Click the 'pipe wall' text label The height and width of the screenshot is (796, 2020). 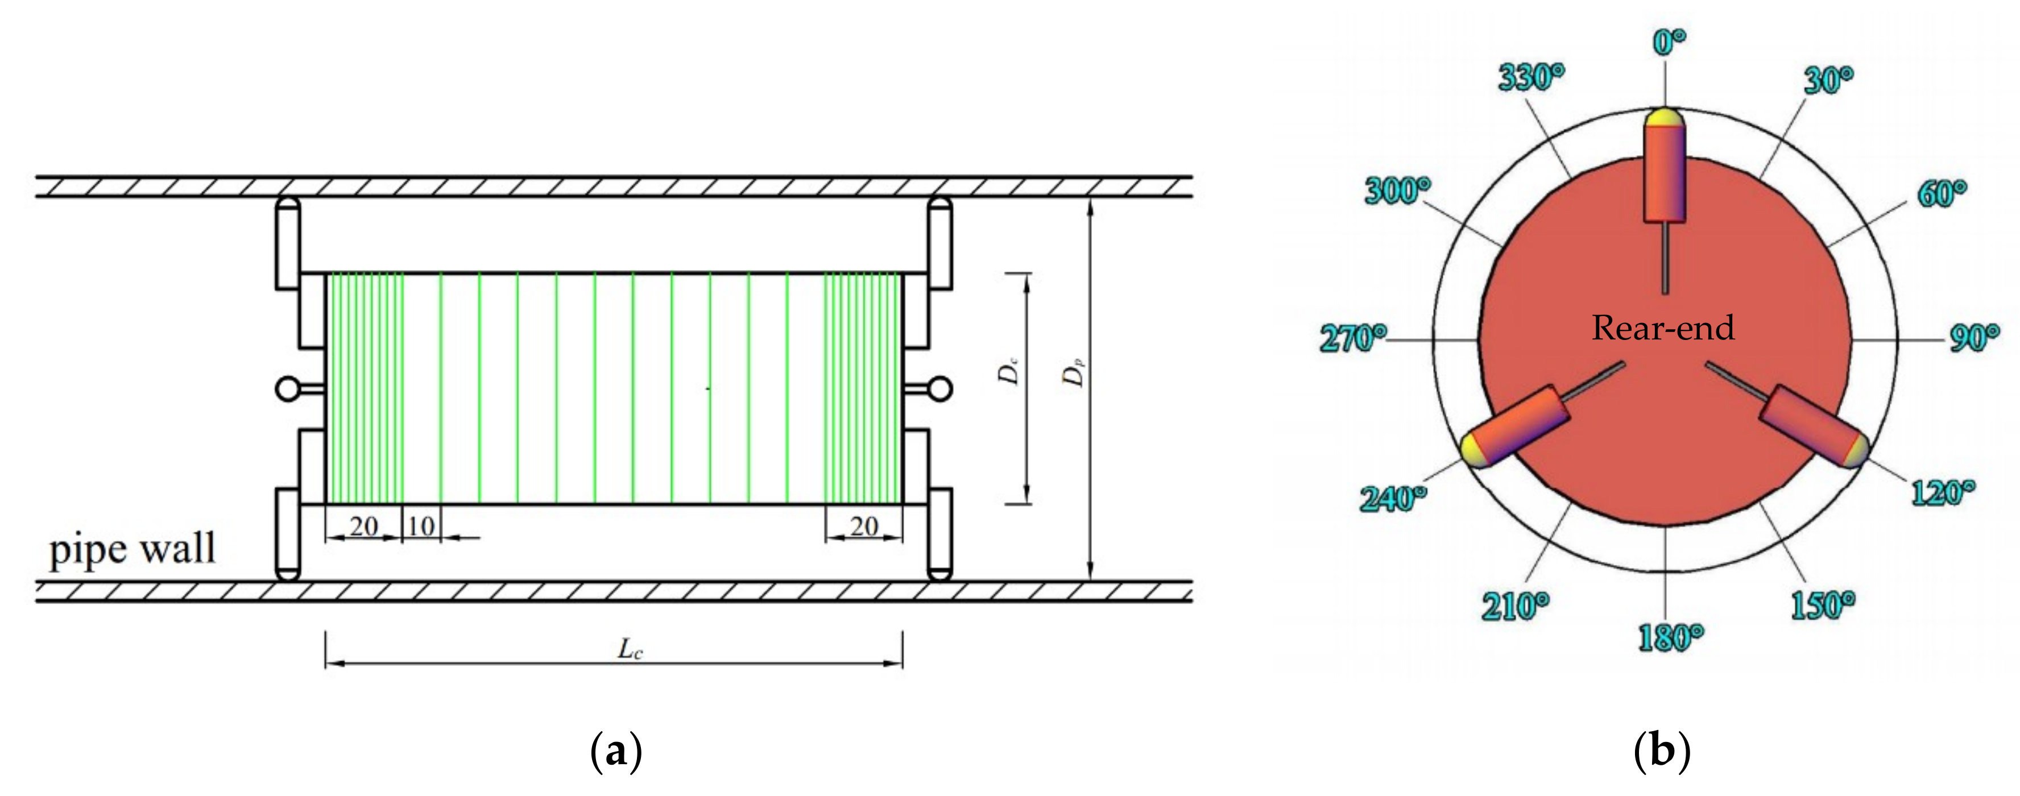pos(132,550)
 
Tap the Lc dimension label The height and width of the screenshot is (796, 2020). pos(630,649)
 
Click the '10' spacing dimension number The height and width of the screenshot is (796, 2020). pos(421,527)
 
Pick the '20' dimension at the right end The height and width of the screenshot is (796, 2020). pos(863,527)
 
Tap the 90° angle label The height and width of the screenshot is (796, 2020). pos(1974,339)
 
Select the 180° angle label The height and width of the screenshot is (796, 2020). pos(1670,637)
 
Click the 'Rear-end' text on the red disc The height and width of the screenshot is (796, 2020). pos(1662,328)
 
